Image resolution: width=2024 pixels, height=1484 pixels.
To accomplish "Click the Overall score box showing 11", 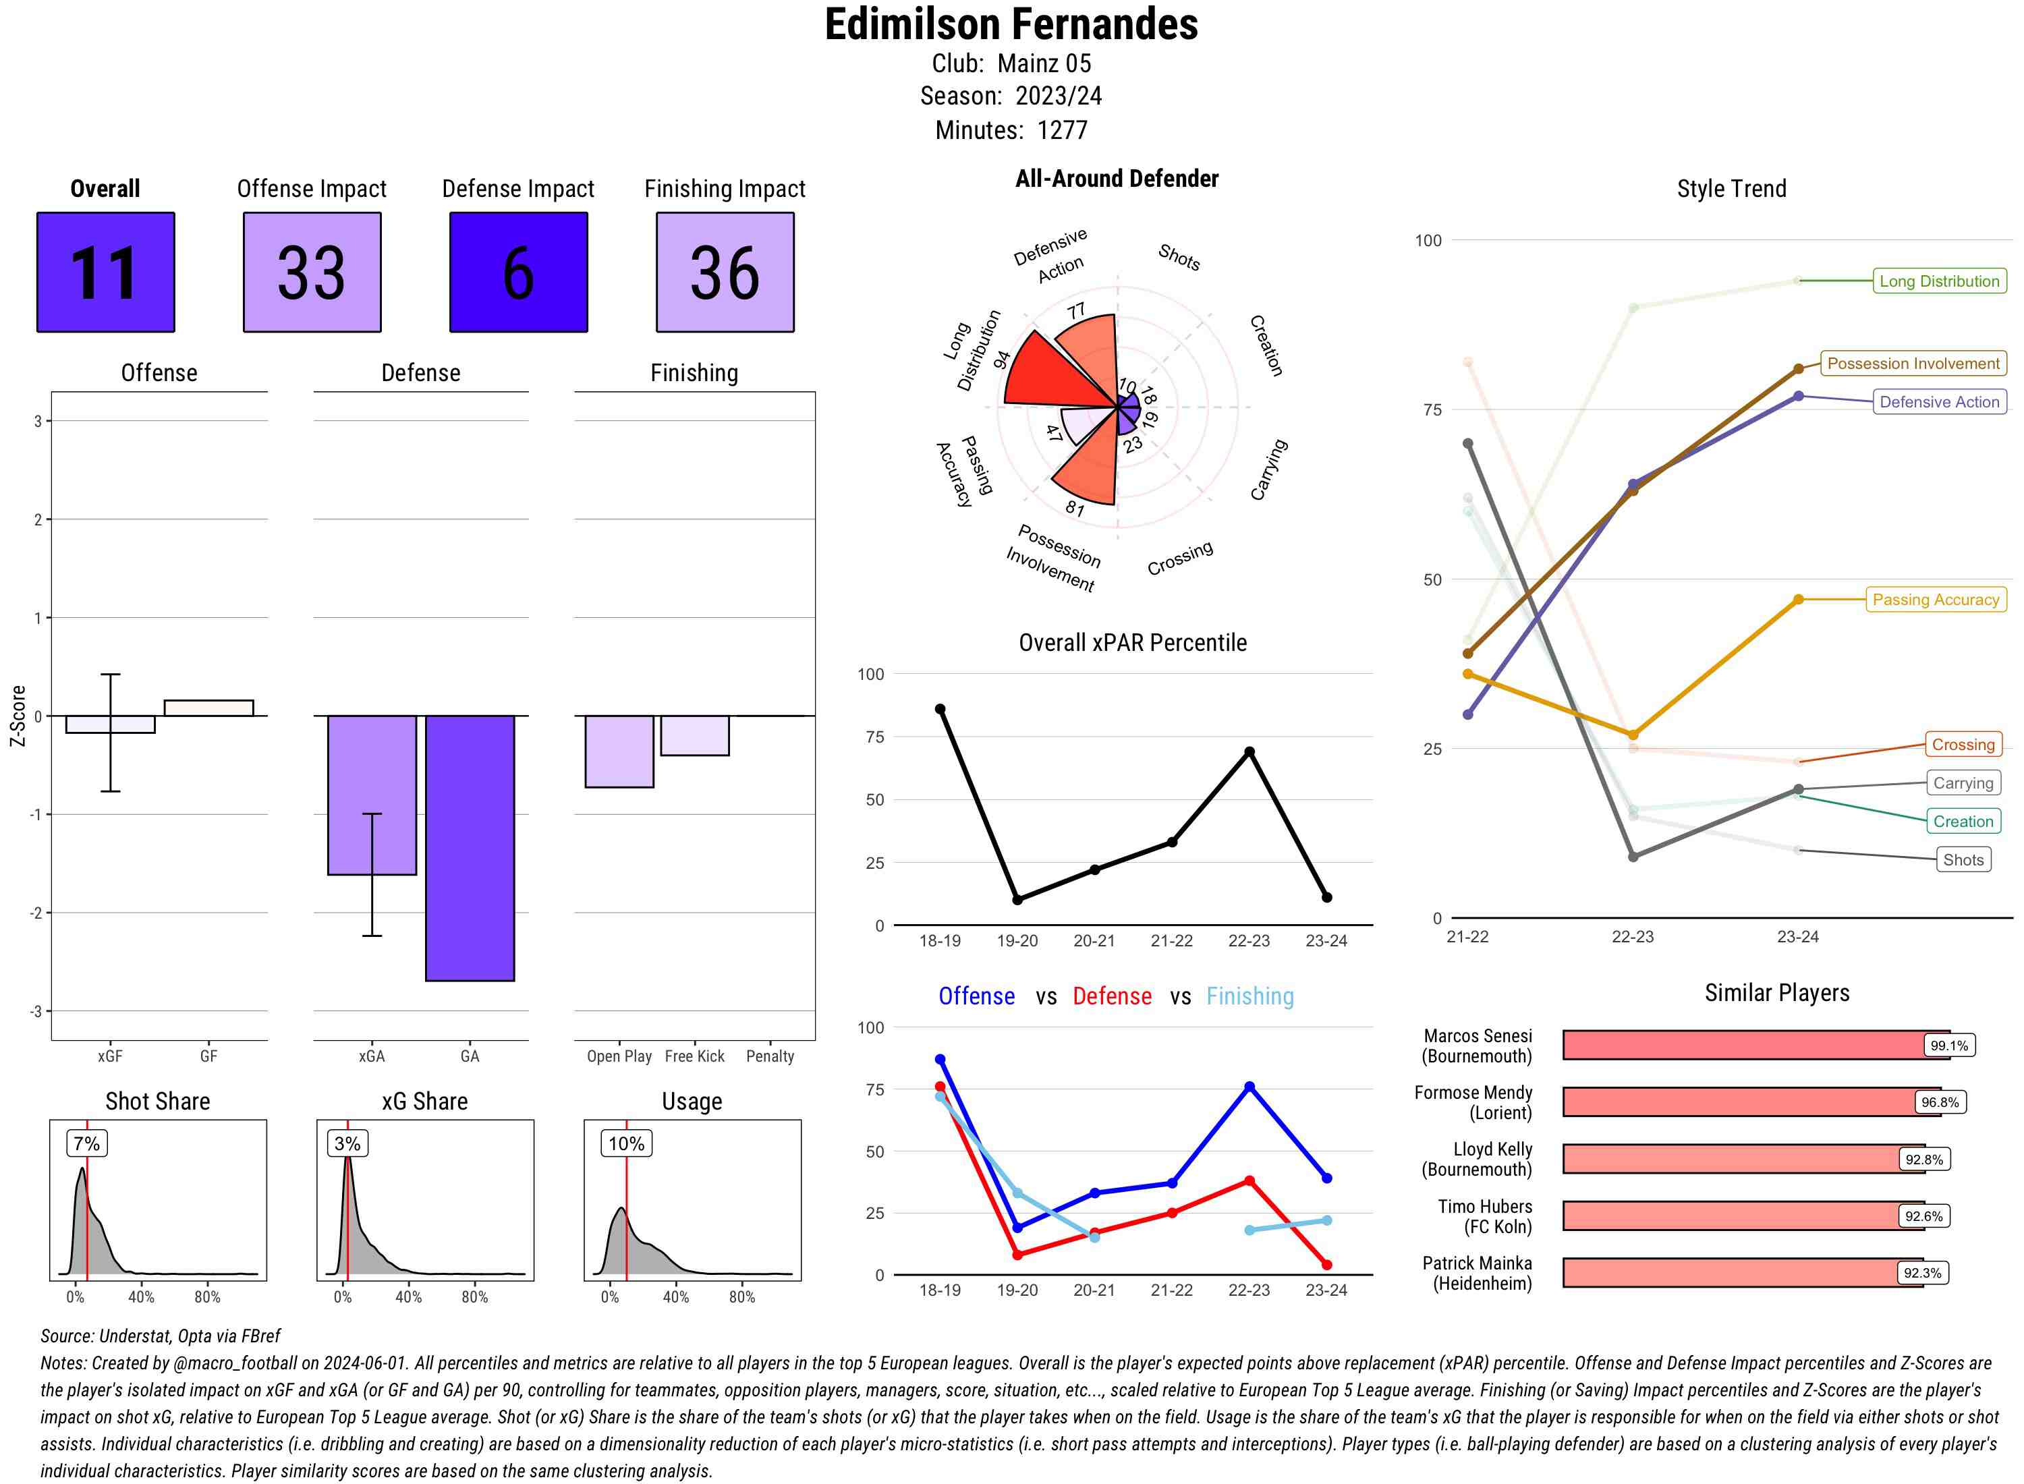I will [105, 273].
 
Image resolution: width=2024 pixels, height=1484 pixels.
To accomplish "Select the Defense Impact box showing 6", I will [518, 273].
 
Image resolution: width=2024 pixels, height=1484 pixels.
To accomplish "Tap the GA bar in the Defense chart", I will [470, 847].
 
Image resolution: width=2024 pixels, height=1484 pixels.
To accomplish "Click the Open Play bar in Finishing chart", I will [619, 751].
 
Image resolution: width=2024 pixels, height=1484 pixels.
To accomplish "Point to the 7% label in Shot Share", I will [86, 1143].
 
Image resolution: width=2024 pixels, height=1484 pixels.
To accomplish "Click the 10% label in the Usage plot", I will [626, 1143].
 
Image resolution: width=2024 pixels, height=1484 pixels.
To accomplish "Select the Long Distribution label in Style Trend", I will [1939, 281].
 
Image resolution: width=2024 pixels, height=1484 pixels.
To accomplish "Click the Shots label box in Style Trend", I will [1963, 859].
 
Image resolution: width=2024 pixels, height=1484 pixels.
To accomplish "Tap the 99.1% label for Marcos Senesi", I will [1948, 1046].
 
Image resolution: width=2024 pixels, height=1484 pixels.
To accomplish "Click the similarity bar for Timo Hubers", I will [1743, 1216].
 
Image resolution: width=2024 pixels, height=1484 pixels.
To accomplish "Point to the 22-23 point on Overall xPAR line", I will [1249, 752].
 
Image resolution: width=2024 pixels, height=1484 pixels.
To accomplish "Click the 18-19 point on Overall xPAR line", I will [940, 709].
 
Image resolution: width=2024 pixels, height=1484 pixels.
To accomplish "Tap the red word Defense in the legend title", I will [1111, 996].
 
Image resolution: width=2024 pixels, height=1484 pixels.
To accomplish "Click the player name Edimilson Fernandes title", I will [1011, 24].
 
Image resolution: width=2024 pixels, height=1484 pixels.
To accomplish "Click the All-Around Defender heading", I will [1116, 179].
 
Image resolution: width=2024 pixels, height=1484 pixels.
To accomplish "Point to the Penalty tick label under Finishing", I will [770, 1056].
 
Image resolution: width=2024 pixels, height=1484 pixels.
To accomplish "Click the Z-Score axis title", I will [17, 716].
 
